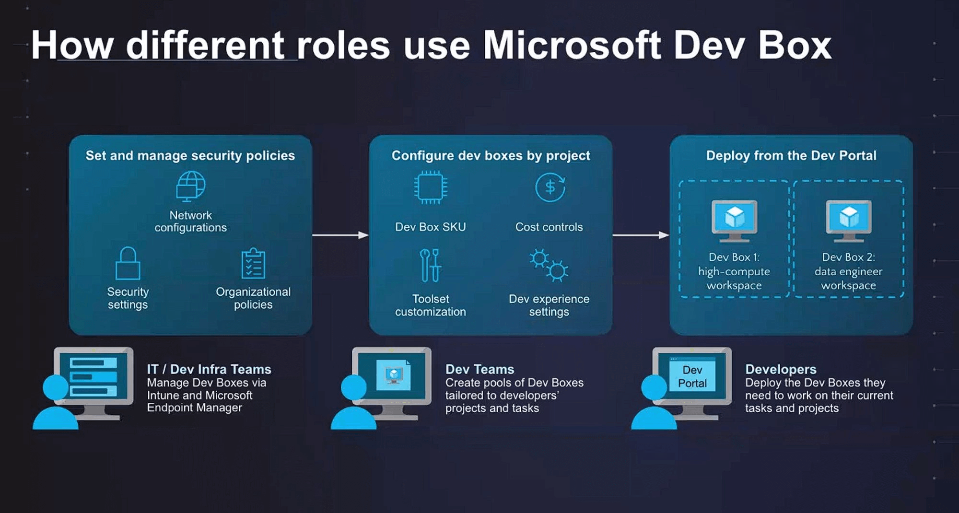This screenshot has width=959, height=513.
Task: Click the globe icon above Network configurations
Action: [x=191, y=186]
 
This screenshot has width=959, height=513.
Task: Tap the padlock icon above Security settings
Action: [x=128, y=264]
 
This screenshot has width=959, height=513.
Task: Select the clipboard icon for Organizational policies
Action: [x=253, y=264]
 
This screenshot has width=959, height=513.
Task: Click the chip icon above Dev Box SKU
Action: [x=431, y=187]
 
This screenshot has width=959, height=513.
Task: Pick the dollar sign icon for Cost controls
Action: [x=550, y=187]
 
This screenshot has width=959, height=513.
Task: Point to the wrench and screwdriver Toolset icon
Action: [x=430, y=265]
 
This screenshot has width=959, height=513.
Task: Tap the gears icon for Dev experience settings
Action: [x=549, y=265]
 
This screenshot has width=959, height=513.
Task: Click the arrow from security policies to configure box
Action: [x=340, y=235]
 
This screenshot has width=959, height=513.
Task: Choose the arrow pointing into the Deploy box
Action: [x=641, y=235]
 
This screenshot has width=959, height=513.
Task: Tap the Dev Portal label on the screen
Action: [x=692, y=376]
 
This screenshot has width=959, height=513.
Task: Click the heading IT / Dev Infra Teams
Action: [x=209, y=369]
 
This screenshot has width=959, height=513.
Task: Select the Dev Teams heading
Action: [x=479, y=369]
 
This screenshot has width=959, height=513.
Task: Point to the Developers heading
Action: [x=781, y=369]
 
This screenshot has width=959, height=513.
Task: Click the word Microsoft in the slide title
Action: [x=572, y=46]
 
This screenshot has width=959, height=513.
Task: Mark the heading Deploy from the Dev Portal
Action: [x=791, y=156]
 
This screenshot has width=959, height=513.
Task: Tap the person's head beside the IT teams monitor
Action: [x=56, y=387]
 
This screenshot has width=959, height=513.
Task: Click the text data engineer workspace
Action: [x=848, y=279]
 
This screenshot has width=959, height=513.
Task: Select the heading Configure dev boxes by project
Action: [x=491, y=156]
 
